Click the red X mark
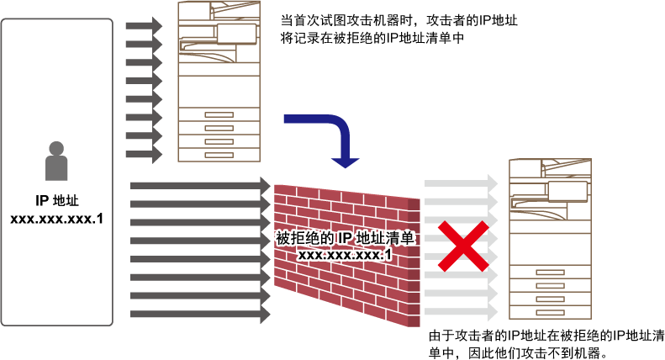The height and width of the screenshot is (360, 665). [463, 246]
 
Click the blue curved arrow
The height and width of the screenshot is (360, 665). [340, 127]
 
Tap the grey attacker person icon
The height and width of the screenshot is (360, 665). [56, 161]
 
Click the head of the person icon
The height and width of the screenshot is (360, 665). [56, 149]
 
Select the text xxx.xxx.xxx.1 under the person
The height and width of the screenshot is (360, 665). [57, 219]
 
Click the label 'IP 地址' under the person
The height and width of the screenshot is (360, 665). [57, 200]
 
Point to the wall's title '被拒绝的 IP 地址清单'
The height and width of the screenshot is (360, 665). [345, 238]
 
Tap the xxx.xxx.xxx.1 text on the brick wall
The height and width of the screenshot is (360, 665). [345, 255]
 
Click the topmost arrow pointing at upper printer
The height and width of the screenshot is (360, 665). [145, 26]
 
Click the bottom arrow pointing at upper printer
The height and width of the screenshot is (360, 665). [145, 155]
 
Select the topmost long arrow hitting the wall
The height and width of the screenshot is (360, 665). [200, 186]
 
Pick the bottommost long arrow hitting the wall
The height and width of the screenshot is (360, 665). [200, 315]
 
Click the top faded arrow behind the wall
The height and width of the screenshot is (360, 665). [461, 183]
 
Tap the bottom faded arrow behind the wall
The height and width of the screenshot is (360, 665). [461, 312]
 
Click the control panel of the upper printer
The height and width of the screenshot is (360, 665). [236, 34]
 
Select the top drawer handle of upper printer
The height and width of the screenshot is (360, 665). [219, 114]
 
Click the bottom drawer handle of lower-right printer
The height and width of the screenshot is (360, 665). [550, 313]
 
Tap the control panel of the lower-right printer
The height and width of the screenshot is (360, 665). [567, 191]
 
